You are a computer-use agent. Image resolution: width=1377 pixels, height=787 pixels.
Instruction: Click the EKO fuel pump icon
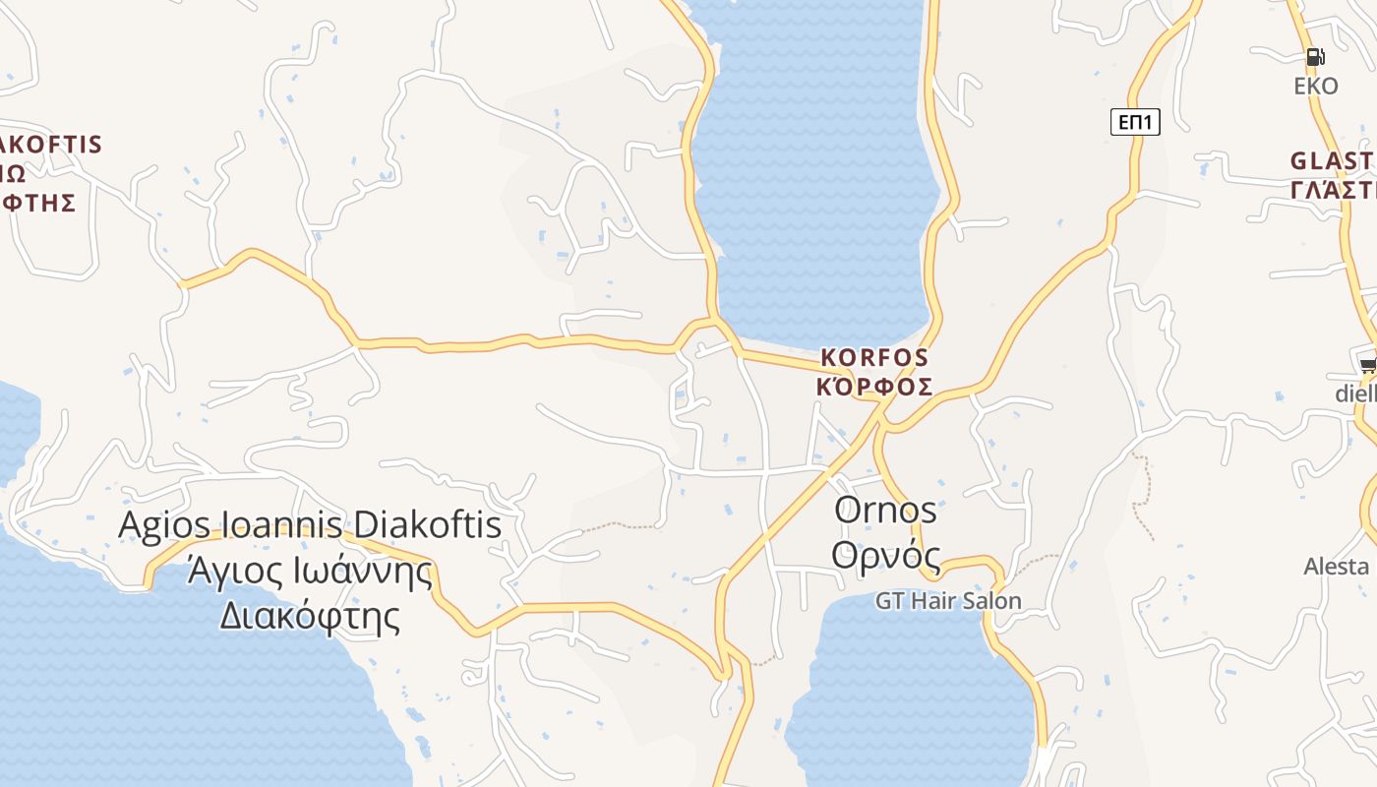pyautogui.click(x=1316, y=57)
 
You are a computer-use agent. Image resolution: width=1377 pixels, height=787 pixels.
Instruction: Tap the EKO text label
pyautogui.click(x=1316, y=87)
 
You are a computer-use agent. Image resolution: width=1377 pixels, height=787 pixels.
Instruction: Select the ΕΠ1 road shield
pyautogui.click(x=1136, y=122)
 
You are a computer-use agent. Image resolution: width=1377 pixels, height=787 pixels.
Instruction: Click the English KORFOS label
pyautogui.click(x=874, y=356)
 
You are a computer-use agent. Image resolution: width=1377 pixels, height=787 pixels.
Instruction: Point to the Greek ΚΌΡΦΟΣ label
pyautogui.click(x=874, y=386)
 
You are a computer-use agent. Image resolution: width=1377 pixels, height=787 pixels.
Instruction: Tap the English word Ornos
pyautogui.click(x=885, y=510)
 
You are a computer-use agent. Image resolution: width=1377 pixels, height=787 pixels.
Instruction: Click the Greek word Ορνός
pyautogui.click(x=885, y=554)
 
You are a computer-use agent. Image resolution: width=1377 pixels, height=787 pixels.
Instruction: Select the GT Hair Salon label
pyautogui.click(x=948, y=600)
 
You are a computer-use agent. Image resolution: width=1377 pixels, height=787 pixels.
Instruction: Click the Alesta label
pyautogui.click(x=1337, y=567)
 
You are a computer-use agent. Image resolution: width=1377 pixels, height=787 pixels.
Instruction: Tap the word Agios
pyautogui.click(x=158, y=524)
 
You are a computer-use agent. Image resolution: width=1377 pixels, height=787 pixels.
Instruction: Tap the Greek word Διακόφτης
pyautogui.click(x=309, y=617)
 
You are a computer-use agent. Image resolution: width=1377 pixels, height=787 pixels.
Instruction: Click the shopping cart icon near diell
pyautogui.click(x=1368, y=365)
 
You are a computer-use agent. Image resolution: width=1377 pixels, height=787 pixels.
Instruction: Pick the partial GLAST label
pyautogui.click(x=1333, y=160)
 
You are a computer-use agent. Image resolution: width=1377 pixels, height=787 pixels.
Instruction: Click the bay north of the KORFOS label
pyautogui.click(x=816, y=177)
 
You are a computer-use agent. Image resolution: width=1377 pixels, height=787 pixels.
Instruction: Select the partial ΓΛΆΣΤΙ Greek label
pyautogui.click(x=1333, y=190)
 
